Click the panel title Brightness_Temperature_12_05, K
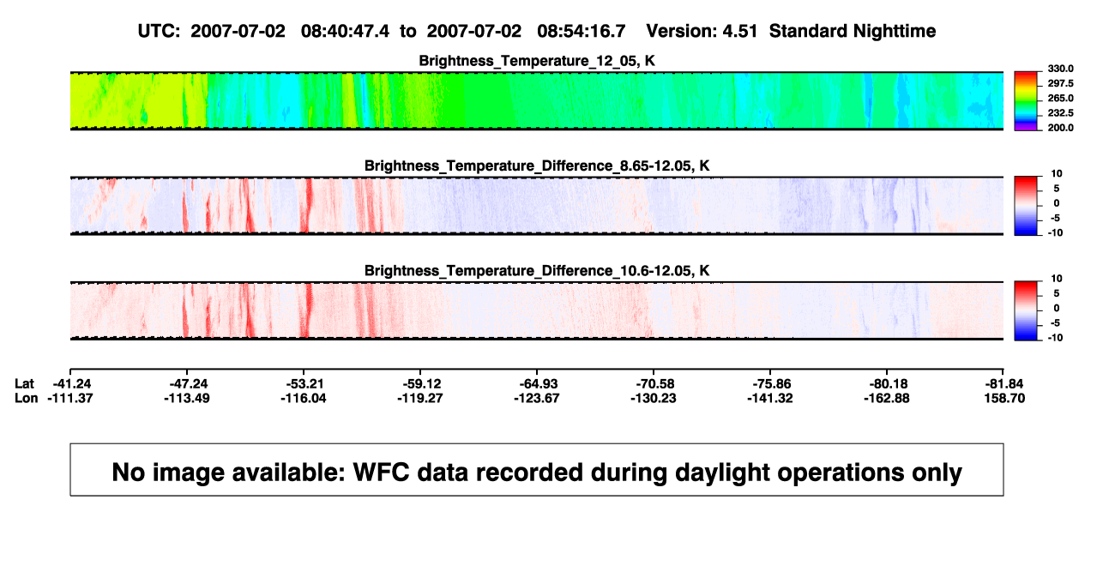[537, 61]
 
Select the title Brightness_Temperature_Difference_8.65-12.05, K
[537, 166]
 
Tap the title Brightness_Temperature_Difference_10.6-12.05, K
[537, 271]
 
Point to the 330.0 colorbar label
[1060, 69]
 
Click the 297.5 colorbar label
[1060, 83]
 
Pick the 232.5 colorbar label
[1060, 113]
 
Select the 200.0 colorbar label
[1060, 128]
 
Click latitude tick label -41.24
[72, 384]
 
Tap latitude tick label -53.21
[304, 384]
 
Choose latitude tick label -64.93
[538, 384]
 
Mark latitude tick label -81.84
[1004, 384]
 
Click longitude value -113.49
[187, 398]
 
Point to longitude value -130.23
[653, 398]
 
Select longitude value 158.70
[1004, 398]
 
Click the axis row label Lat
[24, 384]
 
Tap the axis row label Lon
[27, 398]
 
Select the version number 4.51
[739, 31]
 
